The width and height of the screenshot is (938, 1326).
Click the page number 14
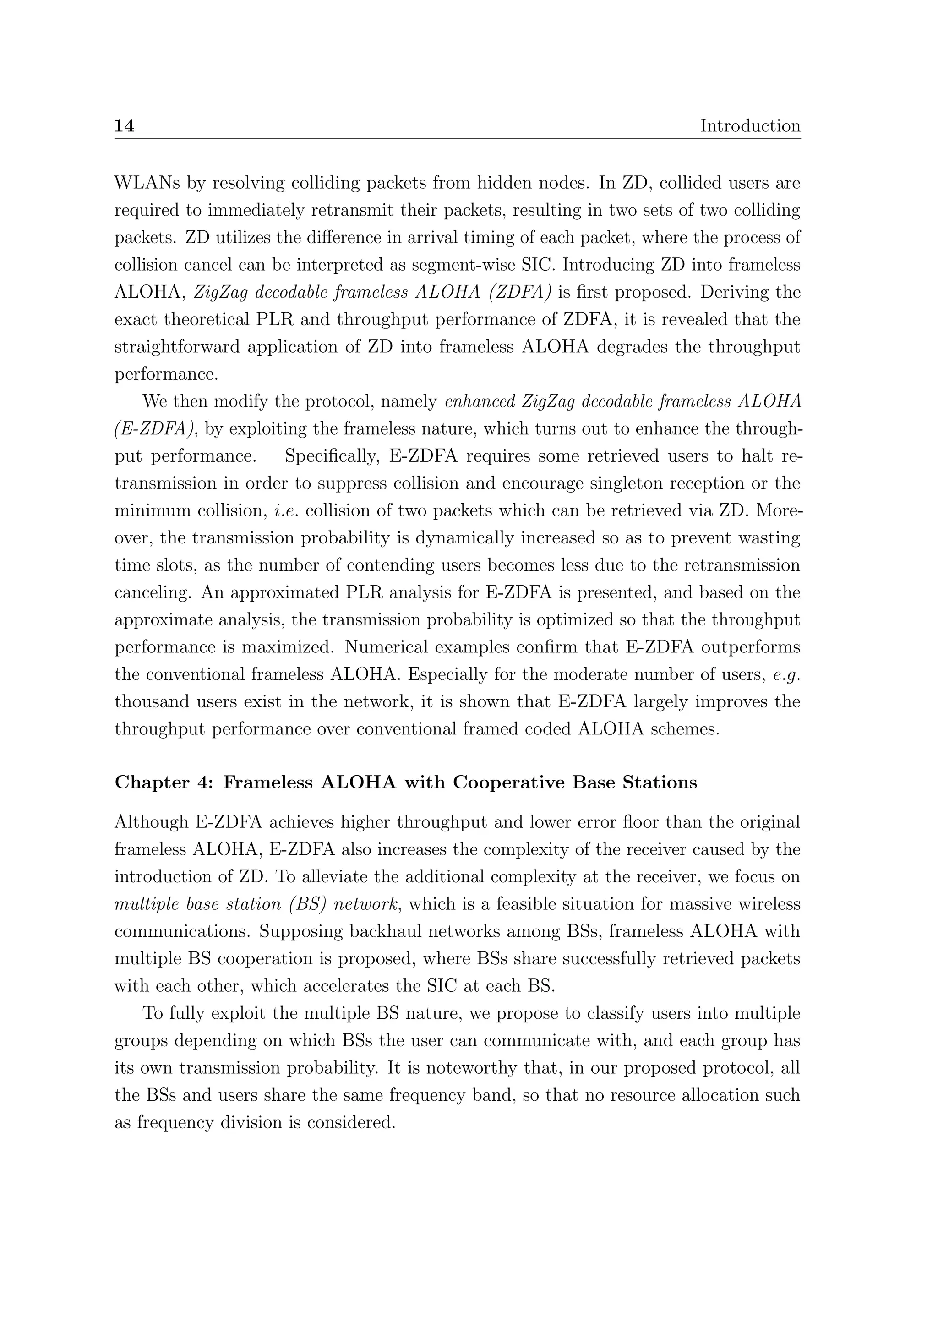point(124,126)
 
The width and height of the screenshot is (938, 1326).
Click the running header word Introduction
point(750,126)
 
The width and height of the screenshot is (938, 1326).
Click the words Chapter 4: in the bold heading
point(164,783)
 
